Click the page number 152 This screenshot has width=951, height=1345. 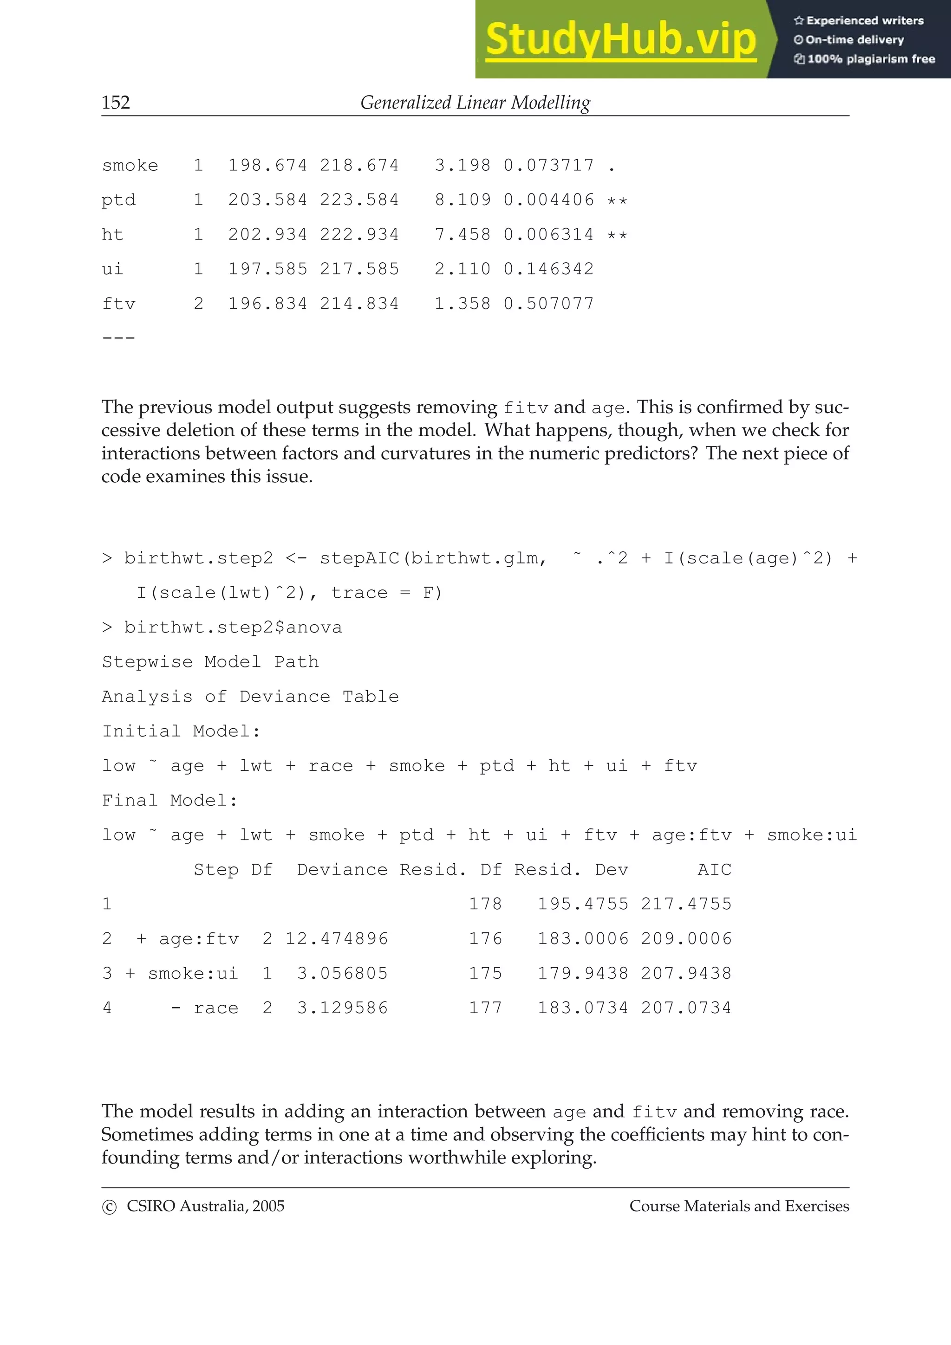click(116, 103)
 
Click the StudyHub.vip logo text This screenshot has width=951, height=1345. click(620, 40)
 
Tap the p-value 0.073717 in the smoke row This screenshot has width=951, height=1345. click(548, 165)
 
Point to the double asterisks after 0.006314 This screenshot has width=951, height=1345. click(617, 235)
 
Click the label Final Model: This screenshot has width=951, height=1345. click(170, 800)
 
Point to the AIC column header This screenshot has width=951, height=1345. click(714, 869)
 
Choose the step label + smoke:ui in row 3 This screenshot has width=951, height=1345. click(182, 974)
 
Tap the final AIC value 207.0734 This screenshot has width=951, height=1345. click(685, 1008)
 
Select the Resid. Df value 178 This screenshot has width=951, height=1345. click(485, 904)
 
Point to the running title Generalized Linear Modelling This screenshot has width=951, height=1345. click(475, 103)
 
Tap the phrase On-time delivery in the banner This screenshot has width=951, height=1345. click(854, 40)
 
